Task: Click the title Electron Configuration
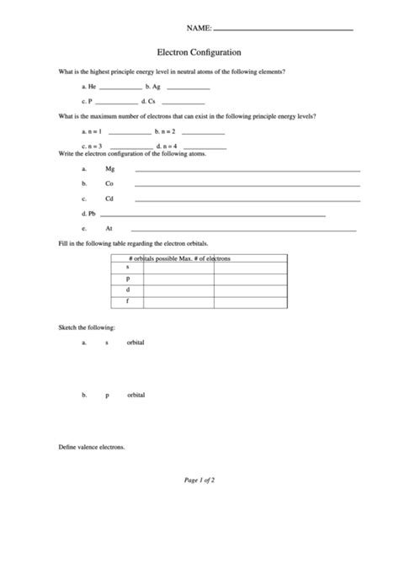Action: click(x=199, y=51)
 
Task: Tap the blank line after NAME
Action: click(x=284, y=30)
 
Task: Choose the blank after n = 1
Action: click(x=130, y=134)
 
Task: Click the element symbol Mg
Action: click(x=109, y=169)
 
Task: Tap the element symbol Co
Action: click(x=109, y=183)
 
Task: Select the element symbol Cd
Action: click(x=109, y=199)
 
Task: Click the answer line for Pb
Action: click(x=210, y=215)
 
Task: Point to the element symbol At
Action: click(x=109, y=228)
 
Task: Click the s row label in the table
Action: click(x=127, y=266)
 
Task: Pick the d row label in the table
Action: click(x=128, y=289)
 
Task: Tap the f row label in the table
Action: click(x=127, y=300)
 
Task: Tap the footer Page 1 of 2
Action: click(x=199, y=480)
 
